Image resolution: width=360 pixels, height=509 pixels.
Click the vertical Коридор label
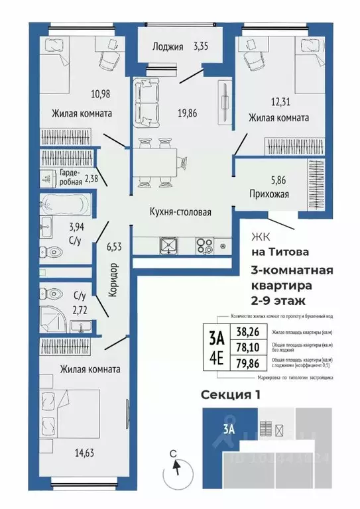[113, 278]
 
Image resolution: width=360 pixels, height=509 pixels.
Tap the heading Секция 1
[230, 395]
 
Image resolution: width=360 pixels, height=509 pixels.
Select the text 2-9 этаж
[278, 300]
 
